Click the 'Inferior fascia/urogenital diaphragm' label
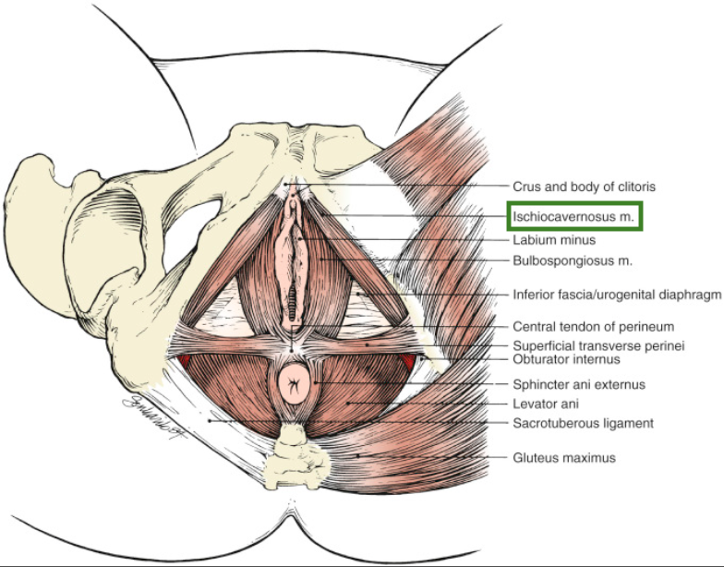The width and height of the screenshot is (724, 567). click(617, 296)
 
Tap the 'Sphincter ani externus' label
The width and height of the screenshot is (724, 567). click(577, 384)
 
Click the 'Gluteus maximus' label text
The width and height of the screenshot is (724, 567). click(563, 457)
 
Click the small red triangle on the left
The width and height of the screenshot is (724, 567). click(185, 359)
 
